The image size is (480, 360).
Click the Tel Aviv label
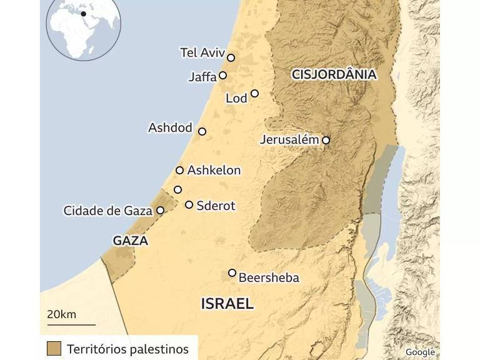(202, 52)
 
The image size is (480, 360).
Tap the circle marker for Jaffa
(222, 76)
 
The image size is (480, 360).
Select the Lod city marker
(254, 94)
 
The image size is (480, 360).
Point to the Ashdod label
(170, 128)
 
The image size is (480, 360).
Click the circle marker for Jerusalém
(326, 141)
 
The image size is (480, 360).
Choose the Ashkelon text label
(214, 171)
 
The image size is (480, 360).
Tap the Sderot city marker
(189, 204)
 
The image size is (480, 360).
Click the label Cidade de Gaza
(107, 211)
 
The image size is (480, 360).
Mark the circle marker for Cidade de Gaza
(160, 211)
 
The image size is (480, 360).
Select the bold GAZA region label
(130, 241)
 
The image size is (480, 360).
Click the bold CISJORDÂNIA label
(334, 75)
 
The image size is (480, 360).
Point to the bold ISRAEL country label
(227, 304)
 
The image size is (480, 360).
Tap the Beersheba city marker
(232, 272)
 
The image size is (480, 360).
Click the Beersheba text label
(269, 277)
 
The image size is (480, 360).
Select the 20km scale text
(61, 314)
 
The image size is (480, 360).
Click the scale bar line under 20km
(71, 324)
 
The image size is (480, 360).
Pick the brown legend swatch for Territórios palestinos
(54, 348)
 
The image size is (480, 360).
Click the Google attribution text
(419, 352)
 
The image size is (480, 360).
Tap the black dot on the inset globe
(83, 14)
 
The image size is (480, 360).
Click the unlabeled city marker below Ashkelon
(177, 189)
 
